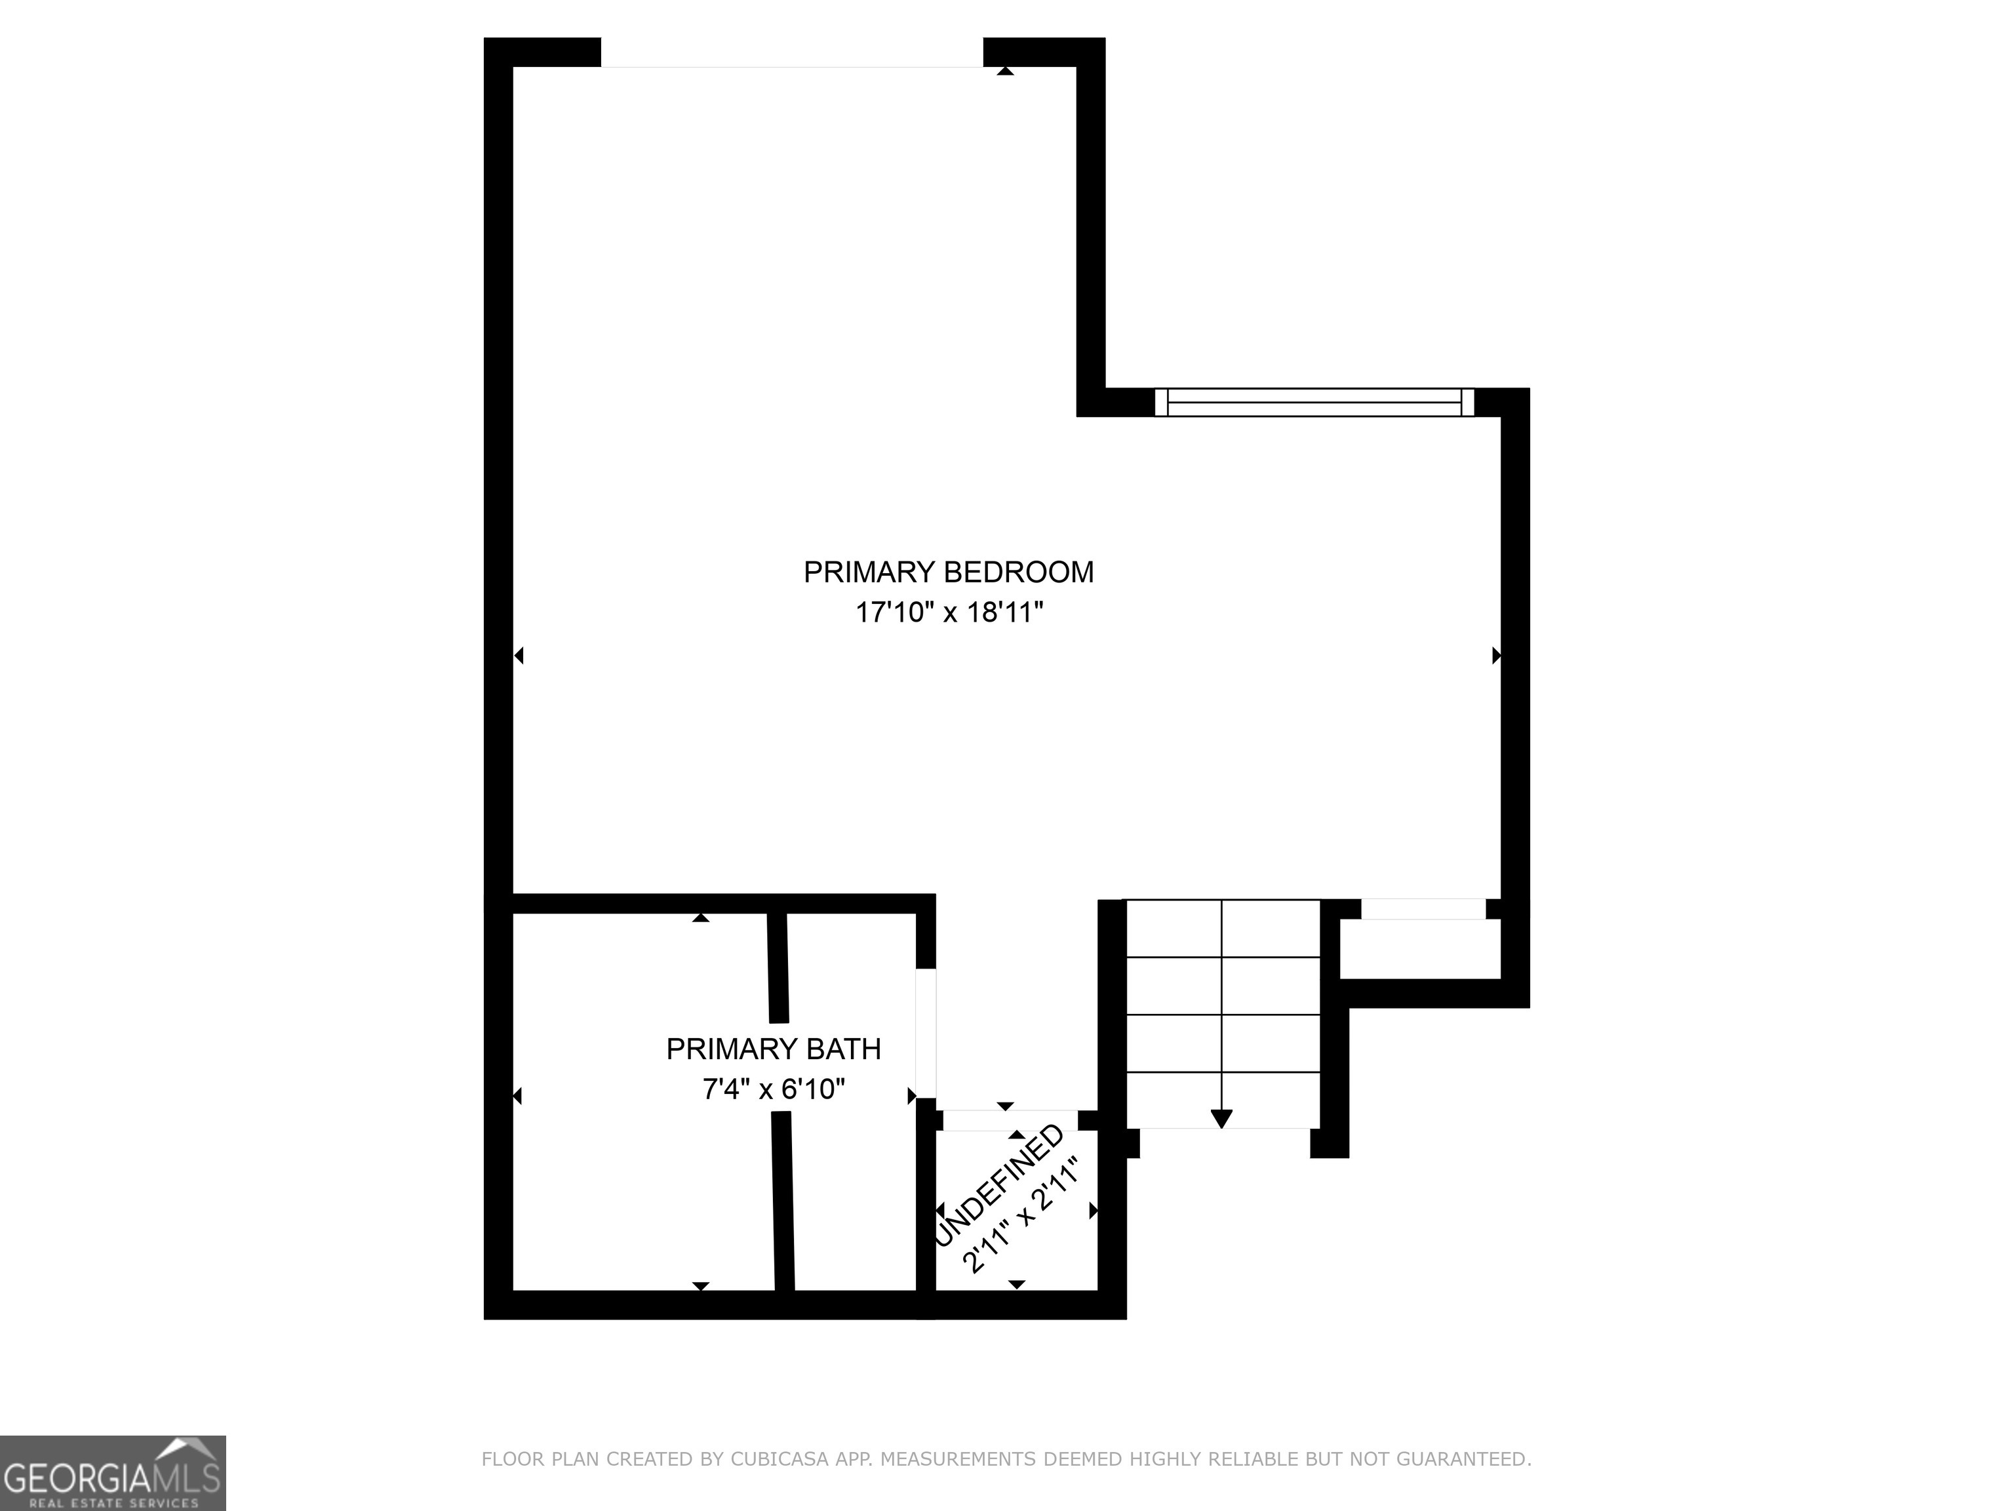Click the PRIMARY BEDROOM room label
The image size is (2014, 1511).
point(948,572)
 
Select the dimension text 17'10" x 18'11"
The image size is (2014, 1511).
point(948,612)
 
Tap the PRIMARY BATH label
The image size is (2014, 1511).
point(773,1049)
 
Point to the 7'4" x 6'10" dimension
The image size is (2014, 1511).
point(773,1089)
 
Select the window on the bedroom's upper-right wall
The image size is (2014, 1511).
point(1314,403)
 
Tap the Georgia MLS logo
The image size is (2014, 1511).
point(112,1473)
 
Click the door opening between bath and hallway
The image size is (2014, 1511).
point(925,1034)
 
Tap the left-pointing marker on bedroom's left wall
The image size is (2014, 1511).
point(519,655)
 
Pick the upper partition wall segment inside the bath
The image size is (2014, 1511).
point(778,967)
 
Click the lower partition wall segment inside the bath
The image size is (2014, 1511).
point(783,1201)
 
